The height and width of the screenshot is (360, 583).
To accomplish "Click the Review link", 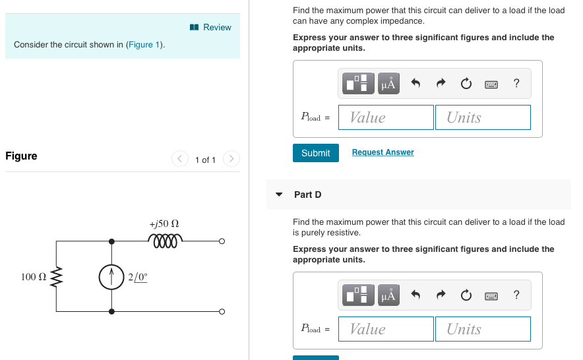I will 211,27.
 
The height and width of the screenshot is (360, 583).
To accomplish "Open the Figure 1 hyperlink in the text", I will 144,45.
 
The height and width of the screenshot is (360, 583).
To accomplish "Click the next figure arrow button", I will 231,159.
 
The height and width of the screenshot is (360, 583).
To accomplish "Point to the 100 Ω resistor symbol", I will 56,276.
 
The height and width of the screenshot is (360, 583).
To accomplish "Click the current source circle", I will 111,277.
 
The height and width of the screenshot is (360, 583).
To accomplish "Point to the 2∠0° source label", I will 137,277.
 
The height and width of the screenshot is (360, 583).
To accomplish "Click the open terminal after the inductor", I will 222,241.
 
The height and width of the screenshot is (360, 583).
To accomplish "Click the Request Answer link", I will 383,152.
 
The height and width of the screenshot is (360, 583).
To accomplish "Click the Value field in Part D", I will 386,329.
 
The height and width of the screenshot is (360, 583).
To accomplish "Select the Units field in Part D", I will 482,329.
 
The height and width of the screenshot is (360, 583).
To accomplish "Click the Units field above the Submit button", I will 482,117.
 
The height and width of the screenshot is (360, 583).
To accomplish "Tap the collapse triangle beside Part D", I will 279,195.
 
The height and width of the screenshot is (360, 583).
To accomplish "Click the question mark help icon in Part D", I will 516,295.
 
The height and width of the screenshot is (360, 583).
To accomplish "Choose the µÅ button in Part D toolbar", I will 388,295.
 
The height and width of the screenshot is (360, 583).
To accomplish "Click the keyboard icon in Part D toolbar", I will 491,295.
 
